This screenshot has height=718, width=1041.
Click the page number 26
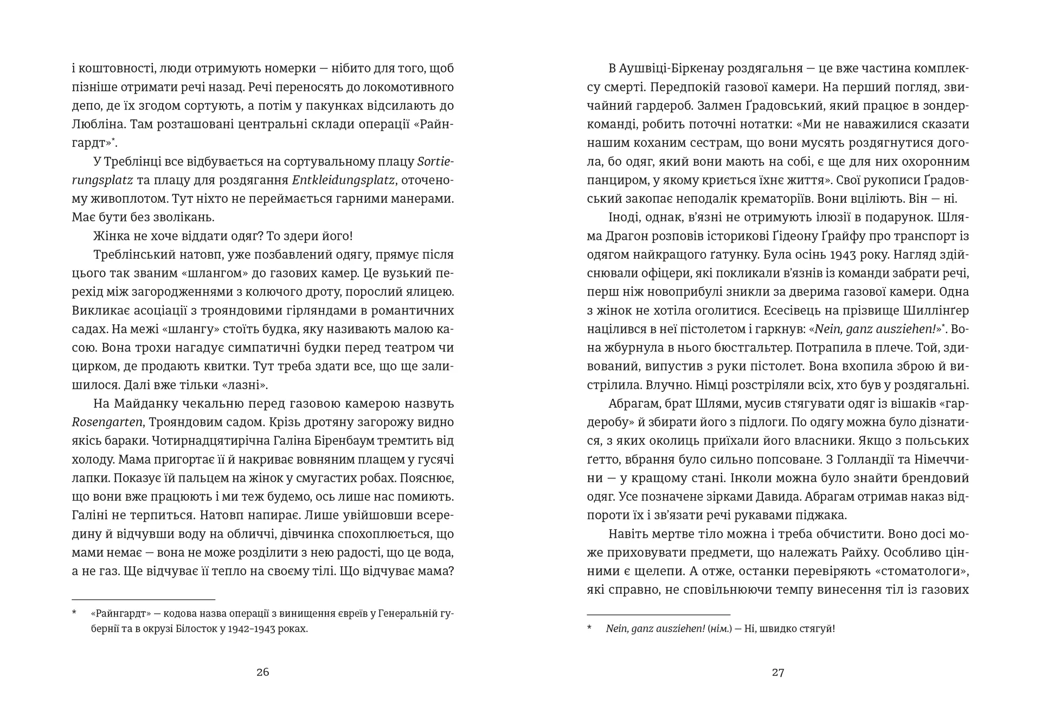[262, 672]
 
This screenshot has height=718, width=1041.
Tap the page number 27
[778, 672]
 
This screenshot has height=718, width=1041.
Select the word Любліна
[95, 124]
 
